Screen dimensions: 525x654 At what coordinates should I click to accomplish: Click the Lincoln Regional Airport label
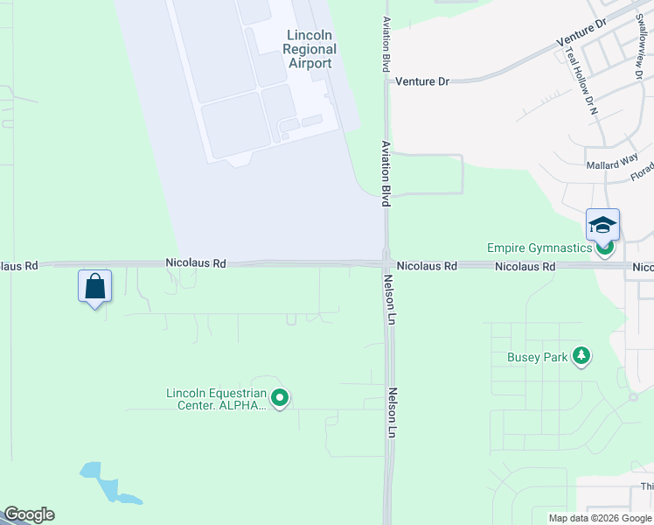click(x=309, y=49)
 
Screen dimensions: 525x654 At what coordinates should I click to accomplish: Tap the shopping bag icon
click(x=94, y=286)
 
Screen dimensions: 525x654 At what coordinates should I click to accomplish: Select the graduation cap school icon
click(x=602, y=226)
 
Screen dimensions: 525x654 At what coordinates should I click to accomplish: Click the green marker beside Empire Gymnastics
click(x=604, y=248)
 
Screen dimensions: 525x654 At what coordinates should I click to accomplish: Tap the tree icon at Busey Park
click(x=581, y=356)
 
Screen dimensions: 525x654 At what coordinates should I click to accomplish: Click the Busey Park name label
click(x=536, y=357)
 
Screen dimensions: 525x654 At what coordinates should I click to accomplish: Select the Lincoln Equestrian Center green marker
click(x=280, y=398)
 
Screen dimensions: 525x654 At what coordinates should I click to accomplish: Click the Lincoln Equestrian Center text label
click(x=215, y=399)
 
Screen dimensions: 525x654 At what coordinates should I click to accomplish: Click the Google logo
click(x=28, y=514)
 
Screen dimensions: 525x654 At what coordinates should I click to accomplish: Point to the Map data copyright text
click(x=600, y=518)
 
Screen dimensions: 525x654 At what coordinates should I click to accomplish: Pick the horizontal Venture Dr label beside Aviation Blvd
click(x=421, y=81)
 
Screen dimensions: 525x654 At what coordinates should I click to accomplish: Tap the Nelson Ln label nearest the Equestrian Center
click(x=393, y=414)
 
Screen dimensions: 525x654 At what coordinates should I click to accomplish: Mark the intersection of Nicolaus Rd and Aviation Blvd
click(x=386, y=263)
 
